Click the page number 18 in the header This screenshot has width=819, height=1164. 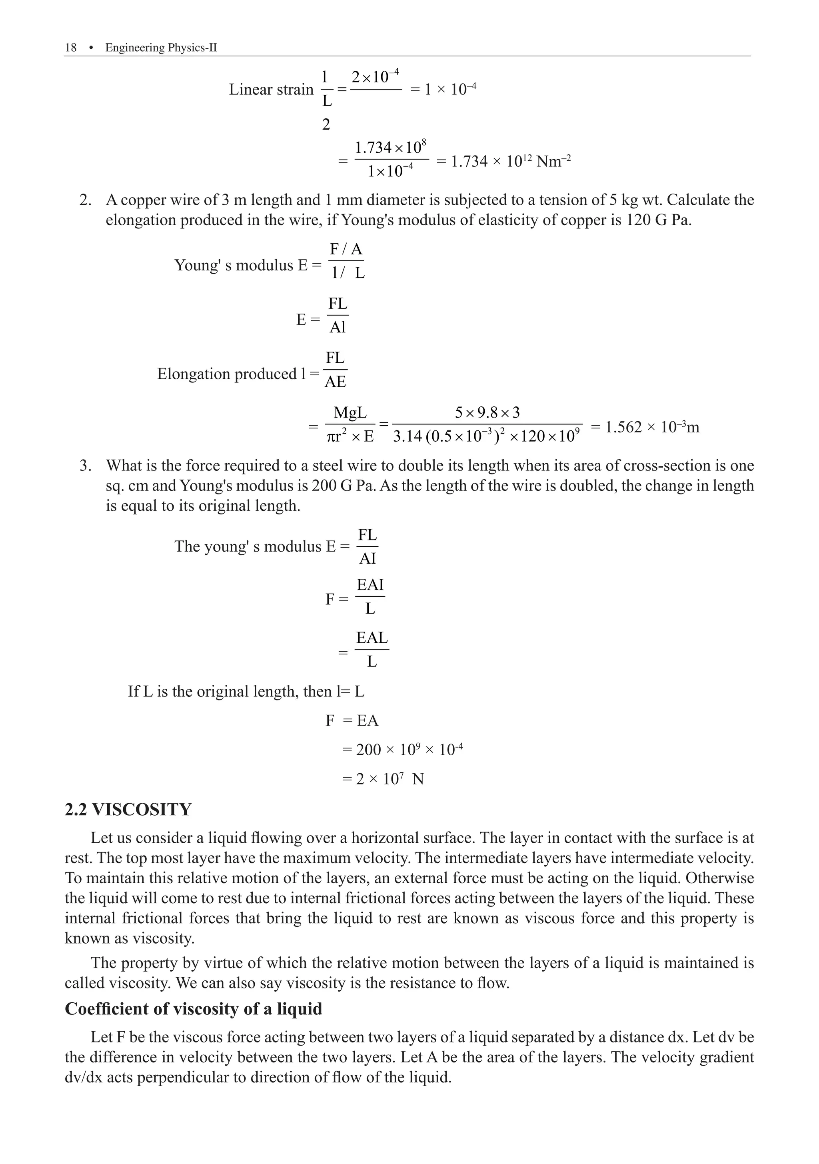(70, 48)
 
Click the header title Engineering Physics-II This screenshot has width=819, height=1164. (161, 48)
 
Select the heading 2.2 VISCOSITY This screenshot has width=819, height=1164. (128, 809)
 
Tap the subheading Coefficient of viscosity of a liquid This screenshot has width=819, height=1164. (193, 1009)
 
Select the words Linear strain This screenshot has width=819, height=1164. (271, 90)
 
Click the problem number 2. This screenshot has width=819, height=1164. (85, 200)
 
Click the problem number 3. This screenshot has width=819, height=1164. (85, 465)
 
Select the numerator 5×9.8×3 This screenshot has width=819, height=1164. (487, 412)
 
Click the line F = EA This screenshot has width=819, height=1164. (352, 720)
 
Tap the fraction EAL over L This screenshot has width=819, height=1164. (372, 650)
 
